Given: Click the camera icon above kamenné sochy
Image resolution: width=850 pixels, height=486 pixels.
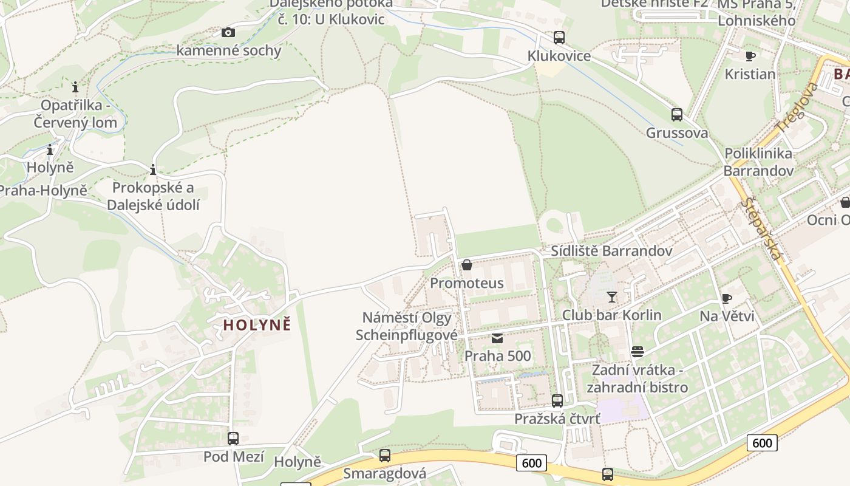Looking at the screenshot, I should (228, 32).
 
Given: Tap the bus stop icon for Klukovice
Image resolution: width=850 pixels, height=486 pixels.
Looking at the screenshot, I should (559, 38).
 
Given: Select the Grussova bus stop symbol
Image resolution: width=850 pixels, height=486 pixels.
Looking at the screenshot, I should (677, 114).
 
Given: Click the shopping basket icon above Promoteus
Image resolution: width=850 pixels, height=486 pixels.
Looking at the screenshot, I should (467, 265).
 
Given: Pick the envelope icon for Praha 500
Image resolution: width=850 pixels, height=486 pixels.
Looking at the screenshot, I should (498, 338).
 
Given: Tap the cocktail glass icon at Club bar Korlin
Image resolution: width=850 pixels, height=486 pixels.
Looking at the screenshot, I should (611, 297).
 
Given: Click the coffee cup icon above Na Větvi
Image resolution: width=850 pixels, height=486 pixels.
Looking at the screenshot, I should (727, 298).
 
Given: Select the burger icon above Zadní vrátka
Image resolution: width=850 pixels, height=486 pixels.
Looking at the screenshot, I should (637, 352).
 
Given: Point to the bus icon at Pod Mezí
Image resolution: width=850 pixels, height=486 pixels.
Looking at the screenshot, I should (233, 438).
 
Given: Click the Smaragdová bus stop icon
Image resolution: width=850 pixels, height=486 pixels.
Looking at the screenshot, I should (385, 455).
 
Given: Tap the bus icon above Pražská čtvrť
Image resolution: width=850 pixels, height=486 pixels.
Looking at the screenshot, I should (557, 401).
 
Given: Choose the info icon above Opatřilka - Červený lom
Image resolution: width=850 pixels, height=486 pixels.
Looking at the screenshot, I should (75, 87).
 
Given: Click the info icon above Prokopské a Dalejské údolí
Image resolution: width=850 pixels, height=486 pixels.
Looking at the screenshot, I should (153, 169).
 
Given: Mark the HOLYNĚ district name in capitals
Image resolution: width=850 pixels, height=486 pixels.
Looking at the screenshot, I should (257, 325).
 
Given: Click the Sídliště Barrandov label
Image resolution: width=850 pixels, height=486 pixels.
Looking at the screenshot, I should (611, 251).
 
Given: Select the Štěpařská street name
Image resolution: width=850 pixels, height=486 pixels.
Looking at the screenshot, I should (763, 230).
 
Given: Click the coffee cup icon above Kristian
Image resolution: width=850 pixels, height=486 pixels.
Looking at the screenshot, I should (750, 56).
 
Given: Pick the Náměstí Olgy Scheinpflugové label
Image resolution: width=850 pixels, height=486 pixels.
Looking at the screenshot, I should (407, 326).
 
